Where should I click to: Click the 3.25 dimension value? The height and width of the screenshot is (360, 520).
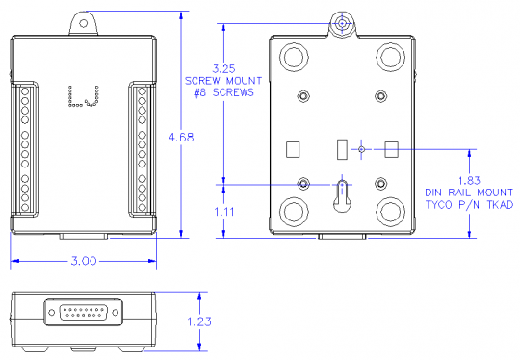pyautogui.click(x=223, y=68)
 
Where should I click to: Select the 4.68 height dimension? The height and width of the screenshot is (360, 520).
pyautogui.click(x=180, y=138)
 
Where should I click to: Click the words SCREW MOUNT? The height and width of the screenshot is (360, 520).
pyautogui.click(x=223, y=81)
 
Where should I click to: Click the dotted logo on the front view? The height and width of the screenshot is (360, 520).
pyautogui.click(x=83, y=98)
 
